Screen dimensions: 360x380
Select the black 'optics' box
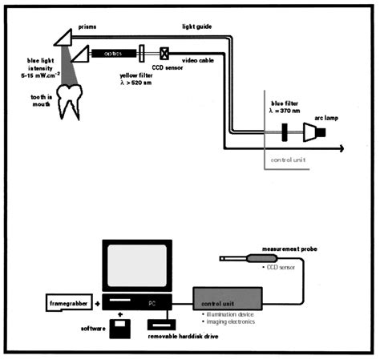(112, 53)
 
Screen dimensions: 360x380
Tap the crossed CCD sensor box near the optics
(164, 53)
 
